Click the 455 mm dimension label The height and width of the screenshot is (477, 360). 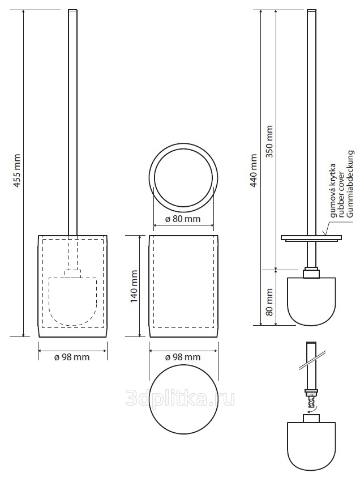point(18,171)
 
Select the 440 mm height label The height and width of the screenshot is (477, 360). point(254,171)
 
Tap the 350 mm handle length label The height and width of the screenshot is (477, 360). point(269,142)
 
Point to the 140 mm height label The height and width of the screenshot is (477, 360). point(134,286)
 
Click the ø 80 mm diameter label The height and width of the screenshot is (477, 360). point(183,219)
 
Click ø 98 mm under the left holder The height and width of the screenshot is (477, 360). point(72,357)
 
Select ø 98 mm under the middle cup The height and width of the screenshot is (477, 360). point(183,357)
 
